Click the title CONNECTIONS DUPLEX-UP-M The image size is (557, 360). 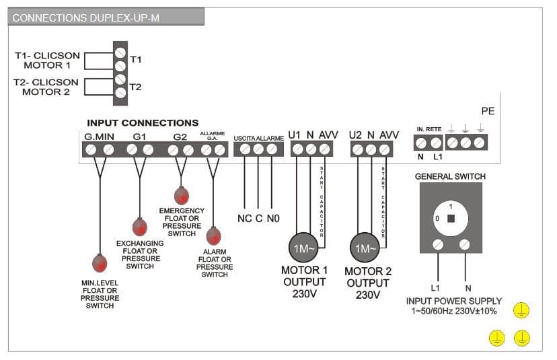point(86,17)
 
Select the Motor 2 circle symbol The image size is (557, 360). point(364,248)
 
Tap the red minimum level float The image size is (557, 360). point(100,262)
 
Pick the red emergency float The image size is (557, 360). point(182,196)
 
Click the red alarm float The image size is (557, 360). point(213,236)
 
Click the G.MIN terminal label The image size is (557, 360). point(99,137)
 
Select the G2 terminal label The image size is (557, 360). point(180,137)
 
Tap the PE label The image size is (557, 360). point(488,111)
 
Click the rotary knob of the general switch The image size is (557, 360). point(450,218)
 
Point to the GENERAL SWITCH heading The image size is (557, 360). point(450,176)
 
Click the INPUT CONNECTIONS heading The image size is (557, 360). point(143,123)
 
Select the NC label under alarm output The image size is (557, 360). point(244,219)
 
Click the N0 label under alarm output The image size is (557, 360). point(272,219)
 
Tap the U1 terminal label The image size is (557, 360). point(295,135)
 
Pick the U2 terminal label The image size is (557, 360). point(355,135)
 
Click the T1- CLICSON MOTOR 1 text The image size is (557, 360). point(47,61)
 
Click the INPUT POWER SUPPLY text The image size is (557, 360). point(454,301)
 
